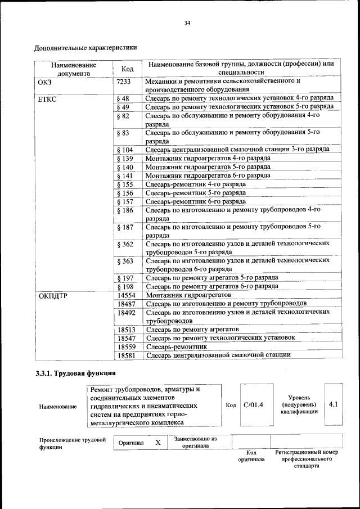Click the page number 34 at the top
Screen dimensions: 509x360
187,23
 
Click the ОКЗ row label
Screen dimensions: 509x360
45,82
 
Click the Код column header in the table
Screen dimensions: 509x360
127,69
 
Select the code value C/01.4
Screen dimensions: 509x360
254,405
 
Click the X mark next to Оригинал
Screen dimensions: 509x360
158,443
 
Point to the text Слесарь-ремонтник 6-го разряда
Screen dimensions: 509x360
195,201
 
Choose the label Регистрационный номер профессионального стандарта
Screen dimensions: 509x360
307,459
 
